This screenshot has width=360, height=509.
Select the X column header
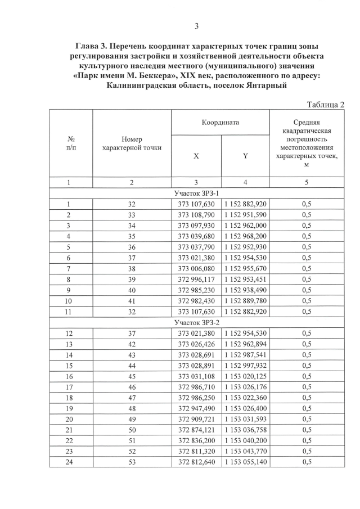pyautogui.click(x=196, y=157)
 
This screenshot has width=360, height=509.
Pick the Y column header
pyautogui.click(x=246, y=157)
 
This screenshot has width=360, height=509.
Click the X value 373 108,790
pyautogui.click(x=196, y=215)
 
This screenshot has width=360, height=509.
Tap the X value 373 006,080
pyautogui.click(x=196, y=268)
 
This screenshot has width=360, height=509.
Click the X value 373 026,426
pyautogui.click(x=196, y=344)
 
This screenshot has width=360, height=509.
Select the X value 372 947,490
pyautogui.click(x=196, y=408)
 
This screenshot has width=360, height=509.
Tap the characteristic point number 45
pyautogui.click(x=131, y=376)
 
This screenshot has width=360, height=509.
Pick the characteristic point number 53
pyautogui.click(x=131, y=462)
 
